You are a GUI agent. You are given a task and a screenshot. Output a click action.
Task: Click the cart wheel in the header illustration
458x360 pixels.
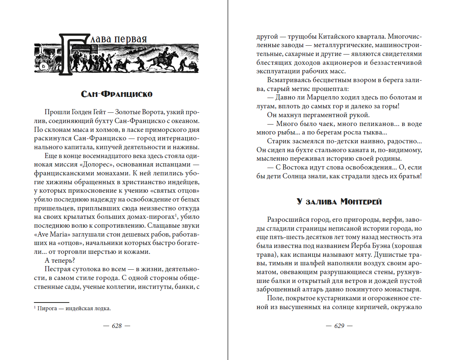click(x=44, y=67)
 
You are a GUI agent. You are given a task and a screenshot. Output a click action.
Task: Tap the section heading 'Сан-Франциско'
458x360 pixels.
click(x=117, y=94)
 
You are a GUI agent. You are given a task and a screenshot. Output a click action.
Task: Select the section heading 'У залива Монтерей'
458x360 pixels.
click(x=339, y=202)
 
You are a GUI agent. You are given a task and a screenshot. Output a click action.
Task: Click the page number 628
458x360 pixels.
click(x=117, y=326)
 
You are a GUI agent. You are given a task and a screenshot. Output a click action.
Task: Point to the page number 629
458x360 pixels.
click(x=339, y=326)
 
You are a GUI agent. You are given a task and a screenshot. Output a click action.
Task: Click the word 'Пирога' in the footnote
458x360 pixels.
click(x=47, y=308)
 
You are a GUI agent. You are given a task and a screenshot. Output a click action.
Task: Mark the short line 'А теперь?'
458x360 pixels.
click(x=60, y=261)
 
